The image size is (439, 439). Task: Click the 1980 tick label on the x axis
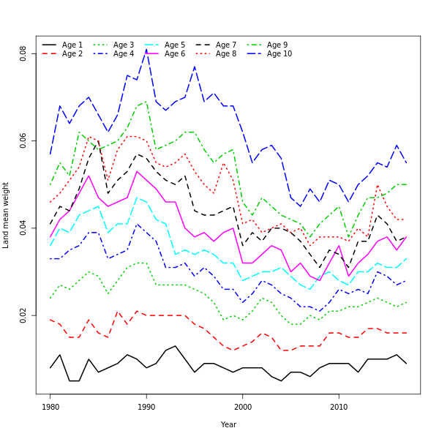[x=50, y=407]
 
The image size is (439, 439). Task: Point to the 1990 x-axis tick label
[x=146, y=407]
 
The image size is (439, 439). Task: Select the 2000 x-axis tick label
[x=243, y=407]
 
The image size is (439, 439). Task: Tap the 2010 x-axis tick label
[x=339, y=407]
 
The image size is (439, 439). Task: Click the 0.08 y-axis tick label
[x=23, y=53]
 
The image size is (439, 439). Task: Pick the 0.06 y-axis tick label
[x=23, y=141]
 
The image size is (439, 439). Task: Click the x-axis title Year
[x=228, y=424]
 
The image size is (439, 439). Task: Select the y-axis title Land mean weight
[x=7, y=215]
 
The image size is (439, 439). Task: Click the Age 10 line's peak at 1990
[x=146, y=50]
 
